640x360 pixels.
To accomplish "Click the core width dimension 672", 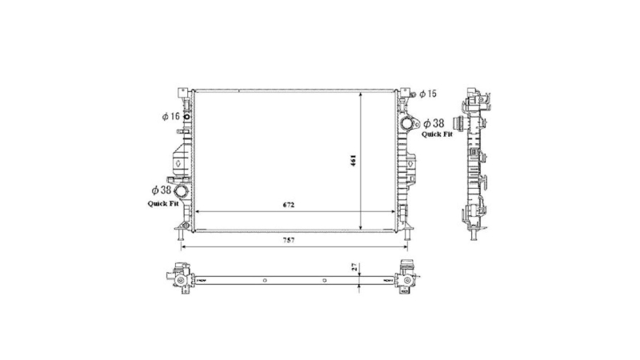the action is point(289,205).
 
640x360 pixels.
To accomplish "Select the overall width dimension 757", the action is point(289,240).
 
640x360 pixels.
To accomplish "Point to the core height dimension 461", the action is point(354,160).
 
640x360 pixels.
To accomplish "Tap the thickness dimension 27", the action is point(354,267).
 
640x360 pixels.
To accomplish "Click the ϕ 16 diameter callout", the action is point(171,116).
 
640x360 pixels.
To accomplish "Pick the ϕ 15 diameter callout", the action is point(428,94).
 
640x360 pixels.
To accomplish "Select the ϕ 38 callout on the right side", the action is point(434,123).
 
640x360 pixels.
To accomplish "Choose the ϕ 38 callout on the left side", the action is point(162,190).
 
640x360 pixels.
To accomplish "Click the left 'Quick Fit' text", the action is point(163,203).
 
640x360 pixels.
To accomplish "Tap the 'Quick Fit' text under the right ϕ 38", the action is point(437,134).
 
